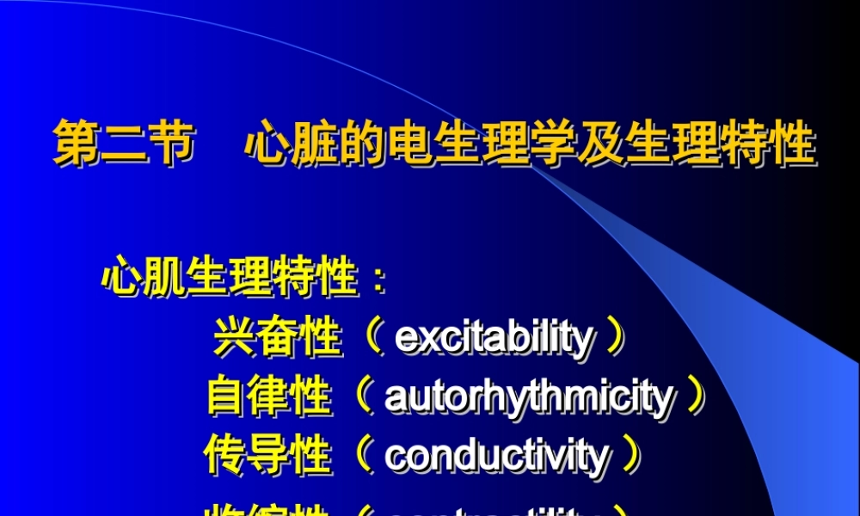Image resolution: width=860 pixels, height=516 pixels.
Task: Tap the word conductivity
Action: [496, 455]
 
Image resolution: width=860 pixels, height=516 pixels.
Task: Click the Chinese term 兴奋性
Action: [278, 337]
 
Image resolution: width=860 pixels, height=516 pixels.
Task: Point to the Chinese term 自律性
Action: [269, 396]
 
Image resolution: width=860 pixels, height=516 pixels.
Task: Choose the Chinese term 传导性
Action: [267, 455]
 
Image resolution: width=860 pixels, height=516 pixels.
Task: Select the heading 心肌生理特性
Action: [230, 279]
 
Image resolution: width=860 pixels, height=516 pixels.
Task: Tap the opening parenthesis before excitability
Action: [372, 338]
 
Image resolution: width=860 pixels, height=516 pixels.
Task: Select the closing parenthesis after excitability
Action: [614, 338]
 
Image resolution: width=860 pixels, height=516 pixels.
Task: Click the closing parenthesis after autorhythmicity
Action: [695, 397]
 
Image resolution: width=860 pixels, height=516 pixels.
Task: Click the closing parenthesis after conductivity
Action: [630, 455]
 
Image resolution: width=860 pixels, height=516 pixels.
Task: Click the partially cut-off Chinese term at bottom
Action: [267, 509]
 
